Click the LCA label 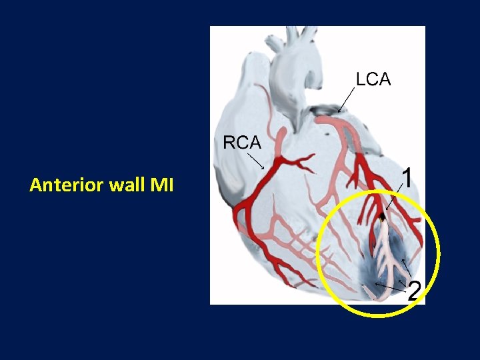click(373, 79)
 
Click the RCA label click(241, 143)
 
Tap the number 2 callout click(414, 291)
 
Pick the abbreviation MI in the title click(162, 185)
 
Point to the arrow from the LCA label click(346, 99)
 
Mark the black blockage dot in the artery click(383, 217)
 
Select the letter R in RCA click(229, 143)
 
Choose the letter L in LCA click(361, 79)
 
